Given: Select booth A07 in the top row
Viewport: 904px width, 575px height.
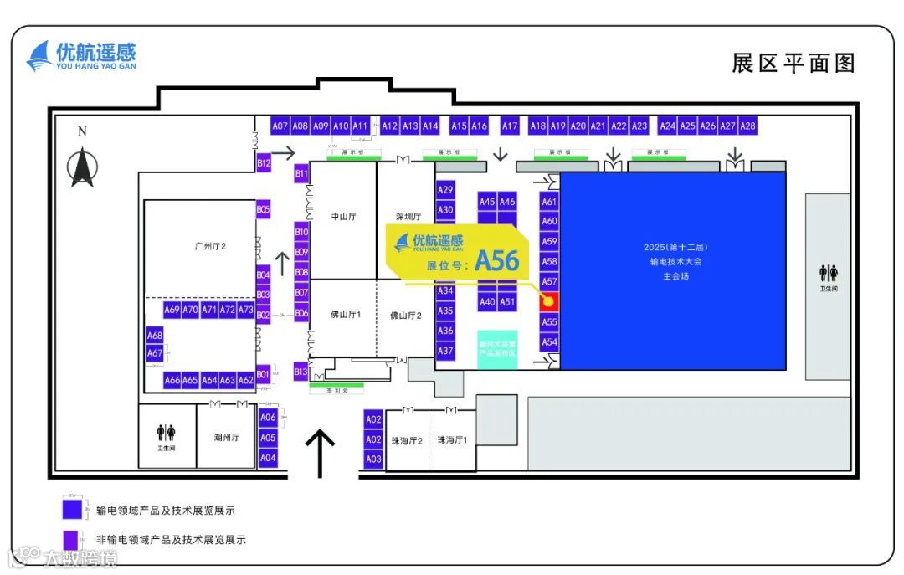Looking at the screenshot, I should coord(280,126).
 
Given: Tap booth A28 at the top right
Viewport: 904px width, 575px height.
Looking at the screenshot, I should coord(747,126).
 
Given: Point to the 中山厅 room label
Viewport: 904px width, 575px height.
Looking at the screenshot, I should coord(343,216).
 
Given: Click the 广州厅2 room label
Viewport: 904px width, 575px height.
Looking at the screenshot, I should coord(210,246).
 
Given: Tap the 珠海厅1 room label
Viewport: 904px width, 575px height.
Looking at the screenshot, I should coord(452,439).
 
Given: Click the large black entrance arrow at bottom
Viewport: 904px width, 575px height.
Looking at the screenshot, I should coord(319,452).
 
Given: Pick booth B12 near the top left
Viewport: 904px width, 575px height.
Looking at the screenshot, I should coord(264,163).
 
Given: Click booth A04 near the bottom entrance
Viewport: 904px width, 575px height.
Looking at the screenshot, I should coord(268,458).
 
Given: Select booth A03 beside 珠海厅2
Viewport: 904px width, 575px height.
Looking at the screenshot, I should coord(373,459).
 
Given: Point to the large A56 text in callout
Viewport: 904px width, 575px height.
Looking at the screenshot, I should coord(496,262).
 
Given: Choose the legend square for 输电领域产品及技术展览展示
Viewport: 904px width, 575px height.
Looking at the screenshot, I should coord(72,508).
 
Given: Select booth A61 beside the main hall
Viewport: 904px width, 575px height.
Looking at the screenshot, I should coord(549,202).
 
